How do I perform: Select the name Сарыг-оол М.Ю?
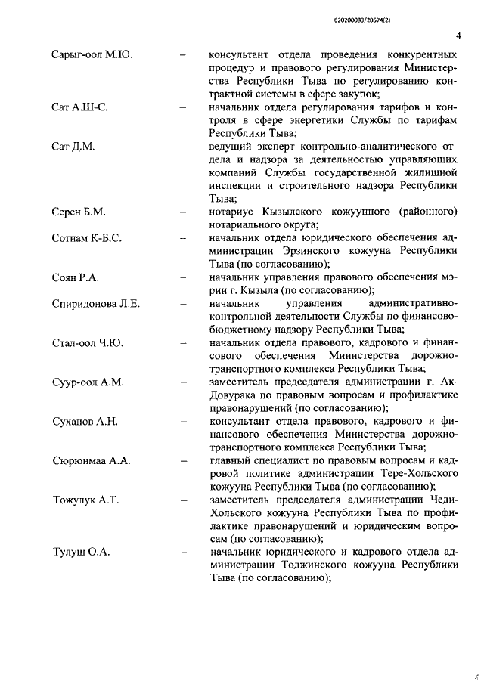[x=92, y=55]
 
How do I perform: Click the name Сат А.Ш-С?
[x=79, y=107]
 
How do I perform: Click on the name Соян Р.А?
[x=76, y=277]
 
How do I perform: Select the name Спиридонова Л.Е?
[x=96, y=304]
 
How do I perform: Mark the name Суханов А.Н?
[x=85, y=421]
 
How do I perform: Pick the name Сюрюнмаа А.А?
[x=91, y=460]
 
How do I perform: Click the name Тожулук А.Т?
[x=85, y=500]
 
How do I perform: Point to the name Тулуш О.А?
[x=81, y=552]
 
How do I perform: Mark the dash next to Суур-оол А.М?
[x=183, y=382]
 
